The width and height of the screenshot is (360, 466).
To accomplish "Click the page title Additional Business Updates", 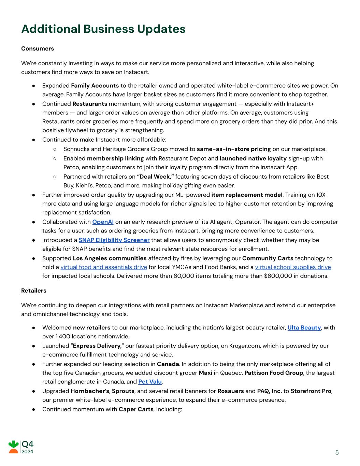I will (103, 29).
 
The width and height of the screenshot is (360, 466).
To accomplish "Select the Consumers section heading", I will (38, 48).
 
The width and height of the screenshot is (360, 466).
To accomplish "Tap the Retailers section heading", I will (34, 291).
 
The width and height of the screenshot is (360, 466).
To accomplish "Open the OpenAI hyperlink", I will (103, 222).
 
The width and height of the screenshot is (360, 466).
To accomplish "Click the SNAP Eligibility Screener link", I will (114, 240).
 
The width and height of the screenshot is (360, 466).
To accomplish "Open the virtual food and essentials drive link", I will (104, 267).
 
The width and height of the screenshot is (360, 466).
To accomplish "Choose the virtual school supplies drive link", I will (293, 267).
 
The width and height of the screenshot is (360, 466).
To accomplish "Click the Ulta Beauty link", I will (304, 328).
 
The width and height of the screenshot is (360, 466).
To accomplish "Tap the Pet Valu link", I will (150, 382).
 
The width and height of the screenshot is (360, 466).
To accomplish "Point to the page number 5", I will (337, 453).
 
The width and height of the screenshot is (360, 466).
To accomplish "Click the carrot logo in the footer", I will (14, 447).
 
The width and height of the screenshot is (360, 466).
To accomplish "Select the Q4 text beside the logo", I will (28, 444).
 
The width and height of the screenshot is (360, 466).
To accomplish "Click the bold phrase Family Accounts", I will (95, 86).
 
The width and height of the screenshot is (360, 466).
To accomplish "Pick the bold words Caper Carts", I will (136, 409).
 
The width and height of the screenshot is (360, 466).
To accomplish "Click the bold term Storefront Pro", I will (311, 391).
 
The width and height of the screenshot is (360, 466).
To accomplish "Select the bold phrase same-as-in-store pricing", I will (234, 149).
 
